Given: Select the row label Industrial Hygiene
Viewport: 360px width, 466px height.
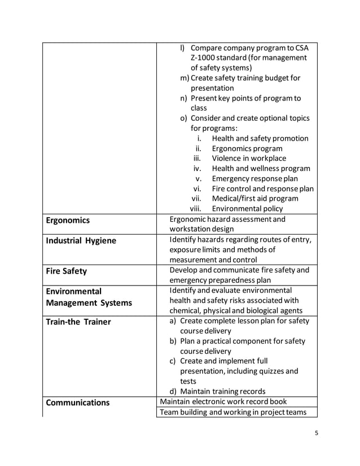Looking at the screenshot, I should (81, 241).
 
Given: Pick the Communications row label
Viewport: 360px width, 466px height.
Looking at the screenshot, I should (77, 403).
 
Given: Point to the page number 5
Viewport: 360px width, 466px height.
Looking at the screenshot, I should (317, 433).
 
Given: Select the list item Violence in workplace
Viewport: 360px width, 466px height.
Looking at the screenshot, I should (248, 159).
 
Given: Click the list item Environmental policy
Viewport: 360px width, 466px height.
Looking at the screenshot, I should (247, 209).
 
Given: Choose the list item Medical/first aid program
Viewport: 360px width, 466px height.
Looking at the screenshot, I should (255, 199).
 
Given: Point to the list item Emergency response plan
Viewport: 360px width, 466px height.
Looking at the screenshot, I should (254, 179).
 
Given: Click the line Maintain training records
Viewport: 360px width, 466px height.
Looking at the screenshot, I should (222, 392).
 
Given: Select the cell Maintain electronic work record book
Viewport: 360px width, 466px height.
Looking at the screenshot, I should (223, 402).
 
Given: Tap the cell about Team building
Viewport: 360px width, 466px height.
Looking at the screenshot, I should (233, 412).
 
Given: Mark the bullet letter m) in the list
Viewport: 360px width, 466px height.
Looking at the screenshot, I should (185, 78).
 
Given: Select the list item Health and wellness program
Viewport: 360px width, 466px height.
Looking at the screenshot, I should (261, 169).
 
